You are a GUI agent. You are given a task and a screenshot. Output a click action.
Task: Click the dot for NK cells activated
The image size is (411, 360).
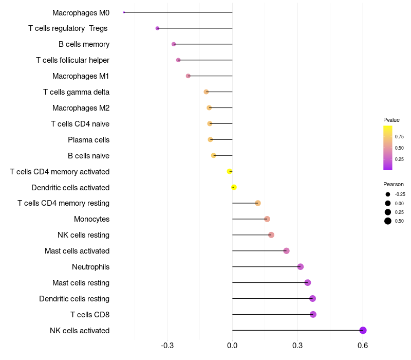[x=363, y=330]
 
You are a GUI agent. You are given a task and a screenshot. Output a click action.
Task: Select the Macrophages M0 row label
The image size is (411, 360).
[x=81, y=12]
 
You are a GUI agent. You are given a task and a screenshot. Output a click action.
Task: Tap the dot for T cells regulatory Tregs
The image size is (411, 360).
[x=157, y=28]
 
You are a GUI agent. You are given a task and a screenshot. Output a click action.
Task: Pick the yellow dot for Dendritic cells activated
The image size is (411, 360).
[x=234, y=187]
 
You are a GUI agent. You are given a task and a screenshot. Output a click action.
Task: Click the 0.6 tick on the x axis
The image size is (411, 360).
[x=363, y=346]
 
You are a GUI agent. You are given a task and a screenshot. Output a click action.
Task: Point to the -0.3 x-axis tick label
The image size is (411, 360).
[x=167, y=346]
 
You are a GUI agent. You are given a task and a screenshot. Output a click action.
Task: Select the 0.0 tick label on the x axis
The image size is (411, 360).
[x=232, y=346]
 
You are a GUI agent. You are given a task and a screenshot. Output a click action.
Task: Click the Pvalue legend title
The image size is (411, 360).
[x=391, y=120]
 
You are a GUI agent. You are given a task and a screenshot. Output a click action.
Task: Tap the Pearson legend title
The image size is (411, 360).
[x=394, y=184]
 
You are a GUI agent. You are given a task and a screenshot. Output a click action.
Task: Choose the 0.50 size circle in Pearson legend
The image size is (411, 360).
[x=388, y=221]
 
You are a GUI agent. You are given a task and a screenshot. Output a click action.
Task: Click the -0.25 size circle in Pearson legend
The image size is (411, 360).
[x=388, y=194]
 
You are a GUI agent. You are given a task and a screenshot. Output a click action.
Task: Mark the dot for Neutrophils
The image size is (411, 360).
[x=301, y=266]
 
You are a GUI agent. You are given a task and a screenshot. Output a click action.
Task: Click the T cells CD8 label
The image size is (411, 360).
[x=90, y=314]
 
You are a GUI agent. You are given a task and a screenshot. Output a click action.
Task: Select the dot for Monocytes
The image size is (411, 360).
[x=267, y=219]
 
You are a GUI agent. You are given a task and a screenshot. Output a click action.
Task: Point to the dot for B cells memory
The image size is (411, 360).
[x=174, y=44]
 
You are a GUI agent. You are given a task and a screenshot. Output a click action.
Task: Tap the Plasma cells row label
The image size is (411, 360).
[x=88, y=139]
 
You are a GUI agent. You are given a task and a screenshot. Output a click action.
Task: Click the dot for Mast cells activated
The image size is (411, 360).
[x=286, y=251]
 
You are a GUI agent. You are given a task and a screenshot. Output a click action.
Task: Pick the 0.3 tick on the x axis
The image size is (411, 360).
[x=297, y=346]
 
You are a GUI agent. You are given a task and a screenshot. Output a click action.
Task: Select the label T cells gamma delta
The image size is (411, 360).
[x=76, y=92]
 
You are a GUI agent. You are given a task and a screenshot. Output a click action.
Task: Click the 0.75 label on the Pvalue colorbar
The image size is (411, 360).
[x=399, y=137]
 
